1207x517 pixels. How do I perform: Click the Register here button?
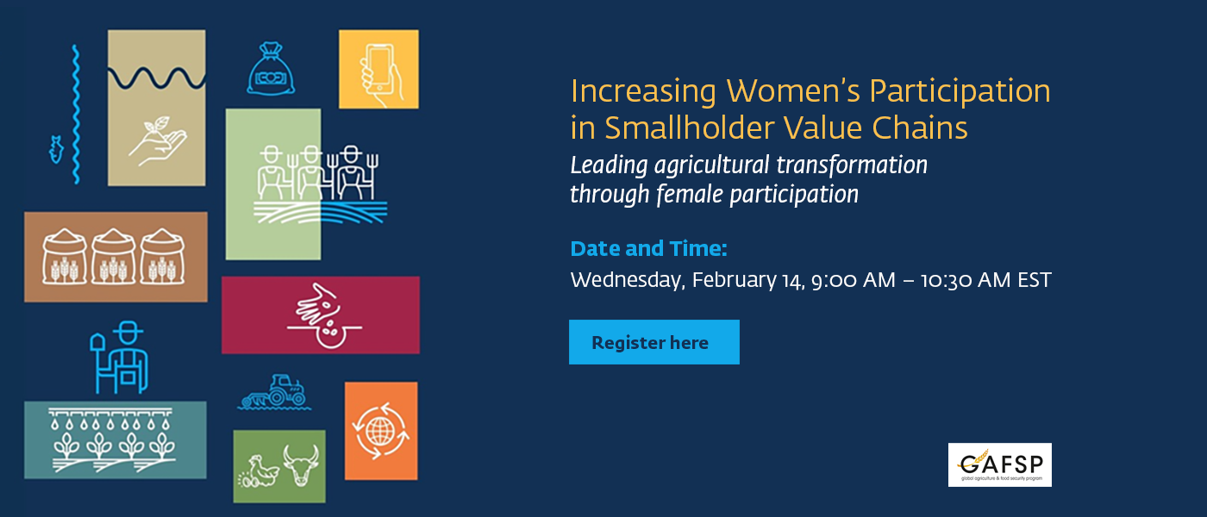pos(654,342)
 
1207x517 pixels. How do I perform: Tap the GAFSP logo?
pos(999,464)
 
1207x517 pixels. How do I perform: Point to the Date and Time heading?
pos(648,249)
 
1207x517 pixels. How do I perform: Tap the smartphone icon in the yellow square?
pos(378,69)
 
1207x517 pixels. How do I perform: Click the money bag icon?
pos(272,69)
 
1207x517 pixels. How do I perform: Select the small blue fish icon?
pos(56,148)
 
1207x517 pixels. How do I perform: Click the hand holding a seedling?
pos(157,140)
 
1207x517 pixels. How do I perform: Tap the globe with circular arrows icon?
pos(380,430)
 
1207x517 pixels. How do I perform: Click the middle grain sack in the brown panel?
pos(115,256)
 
